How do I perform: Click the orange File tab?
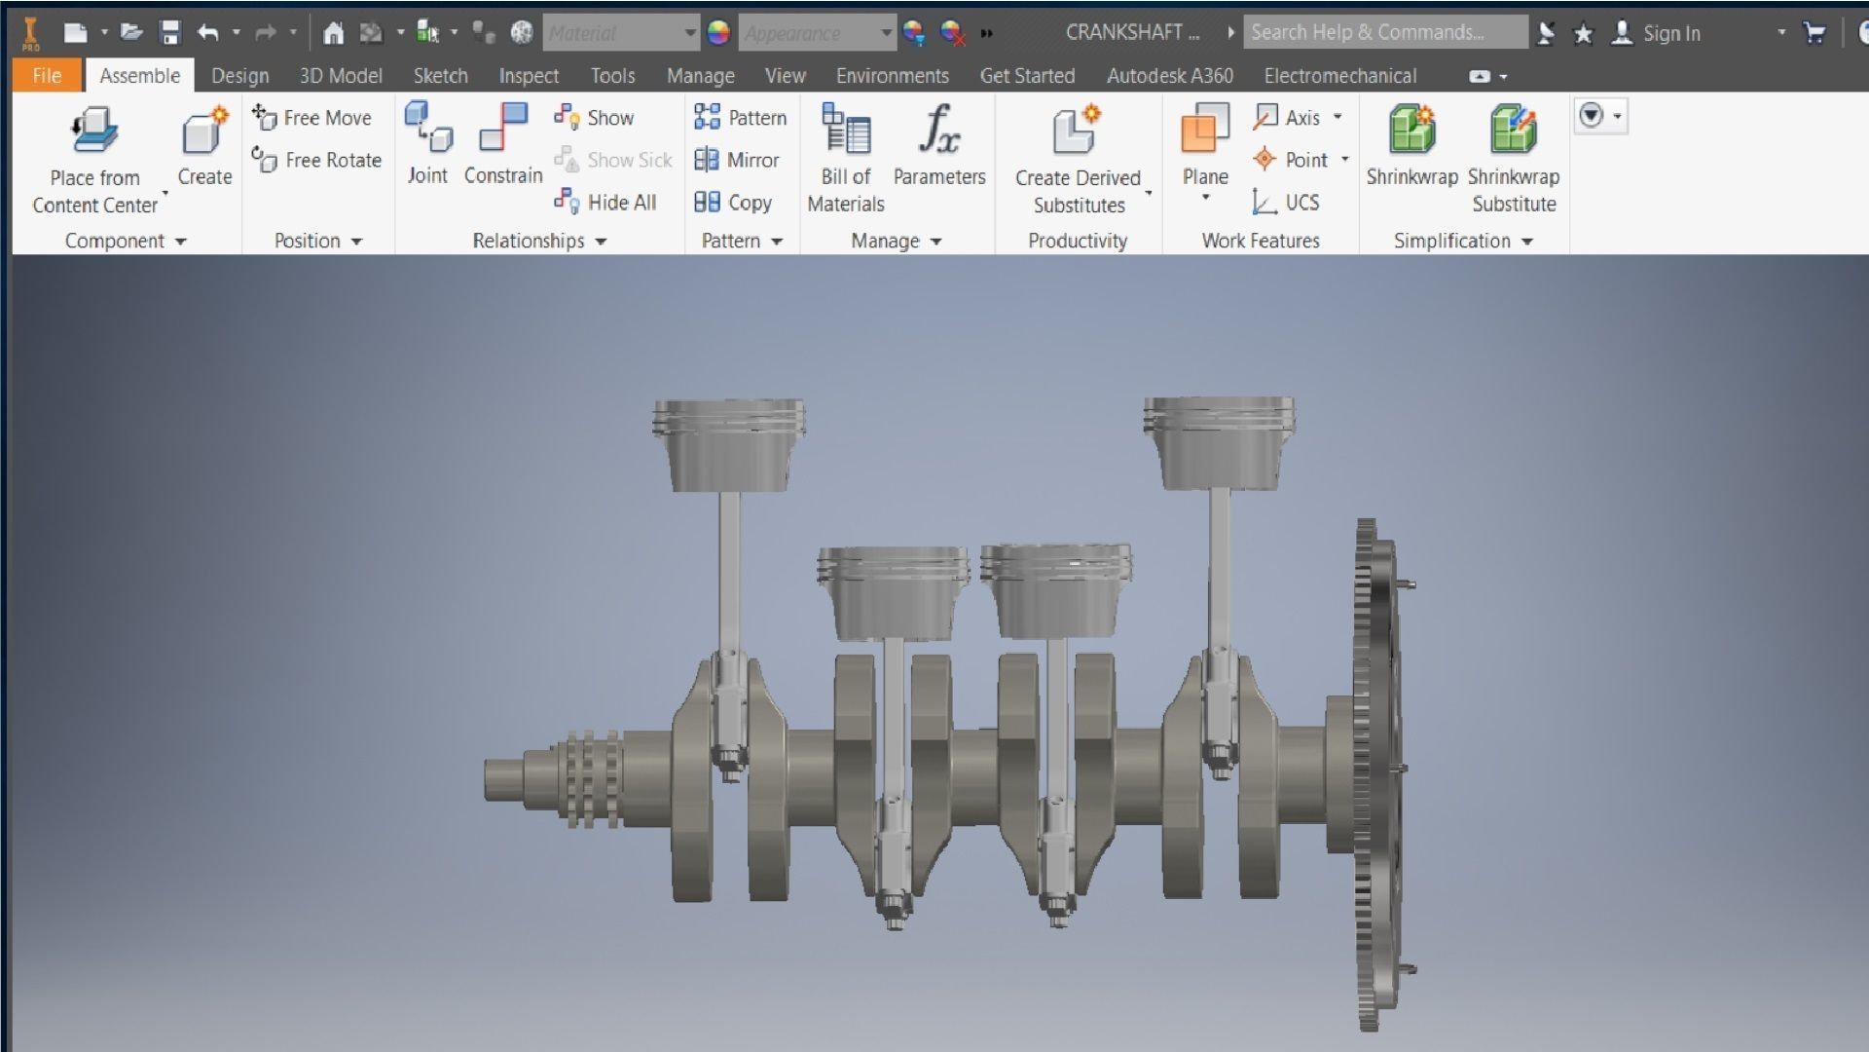46,76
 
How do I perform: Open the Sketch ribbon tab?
440,76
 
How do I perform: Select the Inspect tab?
528,76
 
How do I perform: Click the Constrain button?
502,146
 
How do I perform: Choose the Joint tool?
427,146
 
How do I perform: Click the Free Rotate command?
317,160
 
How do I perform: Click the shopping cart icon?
1814,33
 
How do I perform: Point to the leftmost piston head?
728,443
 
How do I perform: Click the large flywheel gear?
1371,774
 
